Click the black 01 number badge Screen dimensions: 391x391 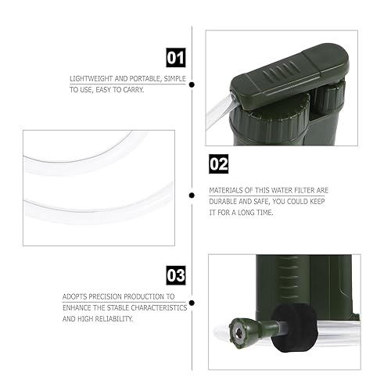(176, 56)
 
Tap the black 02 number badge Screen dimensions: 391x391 (218, 164)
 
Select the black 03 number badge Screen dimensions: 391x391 (176, 275)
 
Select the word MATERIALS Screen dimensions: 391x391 (226, 190)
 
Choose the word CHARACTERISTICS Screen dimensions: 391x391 (160, 309)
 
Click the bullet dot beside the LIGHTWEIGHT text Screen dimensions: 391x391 (192, 84)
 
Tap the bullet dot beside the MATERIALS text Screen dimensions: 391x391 (192, 195)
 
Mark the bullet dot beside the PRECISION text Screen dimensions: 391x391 (192, 303)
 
